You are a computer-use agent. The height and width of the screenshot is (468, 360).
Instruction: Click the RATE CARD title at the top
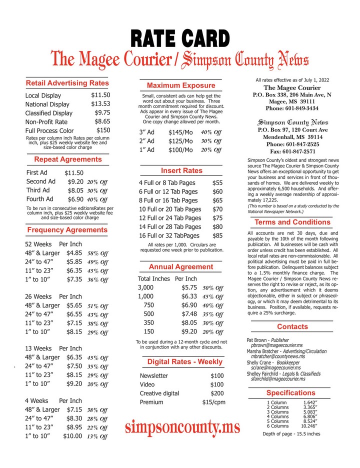pos(180,38)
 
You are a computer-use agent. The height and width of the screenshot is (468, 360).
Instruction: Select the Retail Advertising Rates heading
pos(67,82)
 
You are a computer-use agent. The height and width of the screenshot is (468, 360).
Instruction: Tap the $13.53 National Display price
pos(100,103)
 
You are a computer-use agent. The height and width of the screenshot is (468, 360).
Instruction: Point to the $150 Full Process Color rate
pos(103,130)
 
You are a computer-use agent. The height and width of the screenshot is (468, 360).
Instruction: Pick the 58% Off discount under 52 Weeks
pos(97,253)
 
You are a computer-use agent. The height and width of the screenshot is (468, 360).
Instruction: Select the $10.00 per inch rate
pos(72,436)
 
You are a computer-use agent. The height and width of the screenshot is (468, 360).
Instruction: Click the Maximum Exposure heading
pos(181,85)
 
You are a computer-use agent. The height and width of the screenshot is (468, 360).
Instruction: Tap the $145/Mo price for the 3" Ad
pos(180,132)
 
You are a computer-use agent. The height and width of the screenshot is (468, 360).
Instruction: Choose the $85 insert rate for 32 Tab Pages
pos(217,235)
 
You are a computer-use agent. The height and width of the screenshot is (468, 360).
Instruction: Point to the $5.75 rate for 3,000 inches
pos(190,288)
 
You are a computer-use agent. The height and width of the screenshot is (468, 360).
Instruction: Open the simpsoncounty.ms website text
pos(182,428)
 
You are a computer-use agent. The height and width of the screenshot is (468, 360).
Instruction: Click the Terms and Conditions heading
pos(292,222)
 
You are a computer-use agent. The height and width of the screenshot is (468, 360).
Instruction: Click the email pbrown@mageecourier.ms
pos(276,345)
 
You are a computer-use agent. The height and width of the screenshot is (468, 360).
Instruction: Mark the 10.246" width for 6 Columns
pos(310,426)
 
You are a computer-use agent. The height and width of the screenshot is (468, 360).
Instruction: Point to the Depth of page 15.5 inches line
pos(291,434)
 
